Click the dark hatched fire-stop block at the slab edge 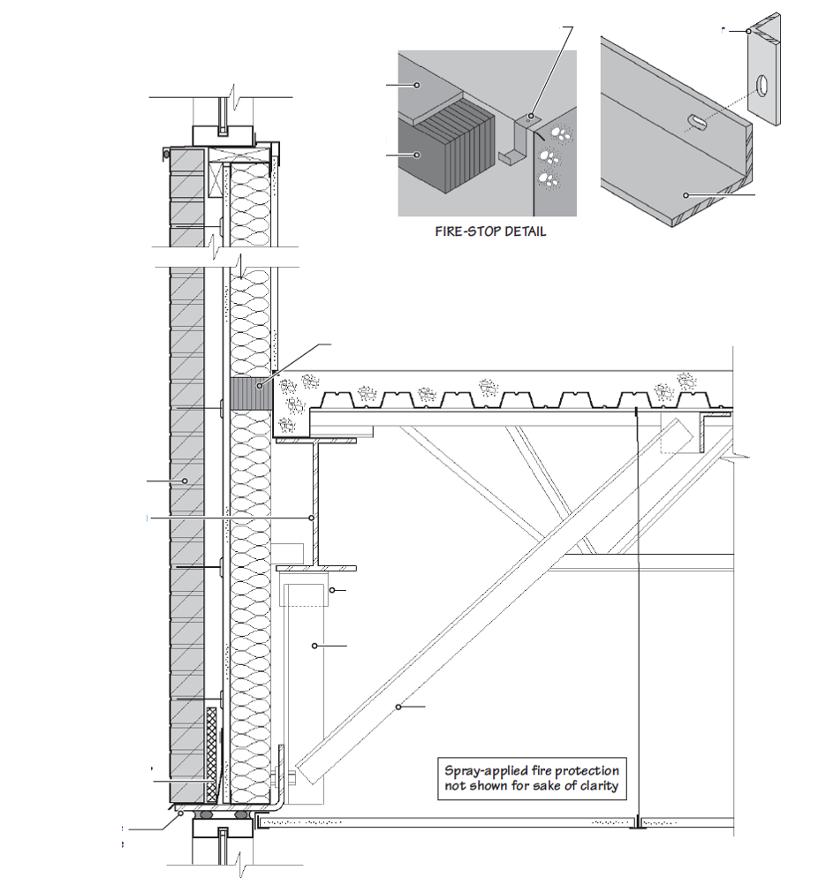tap(250, 394)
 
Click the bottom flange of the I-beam tap(315, 568)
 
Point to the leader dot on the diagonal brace tap(398, 706)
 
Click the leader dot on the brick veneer tap(185, 480)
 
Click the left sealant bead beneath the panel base tap(205, 817)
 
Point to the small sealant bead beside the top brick tap(165, 155)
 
